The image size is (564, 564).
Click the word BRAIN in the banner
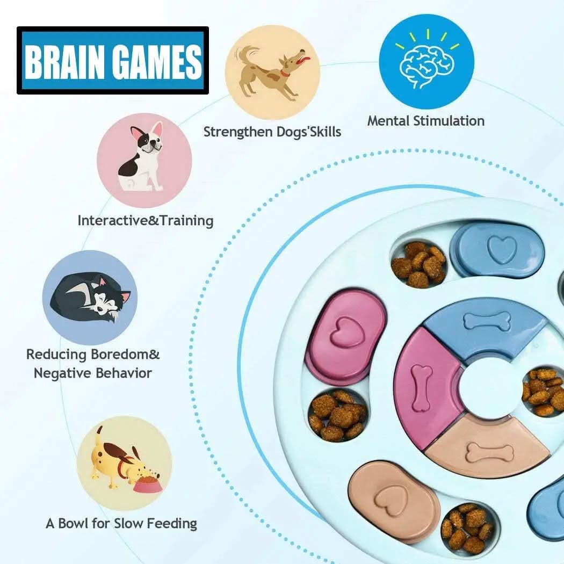click(64, 62)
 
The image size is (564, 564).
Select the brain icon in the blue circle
click(426, 63)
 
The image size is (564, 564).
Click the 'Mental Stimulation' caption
click(425, 121)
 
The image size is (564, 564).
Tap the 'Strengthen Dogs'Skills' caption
click(272, 132)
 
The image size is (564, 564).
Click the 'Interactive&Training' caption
click(145, 220)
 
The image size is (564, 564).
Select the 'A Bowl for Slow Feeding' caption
click(121, 523)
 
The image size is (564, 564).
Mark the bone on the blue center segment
click(488, 322)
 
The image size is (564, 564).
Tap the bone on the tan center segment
click(489, 452)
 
